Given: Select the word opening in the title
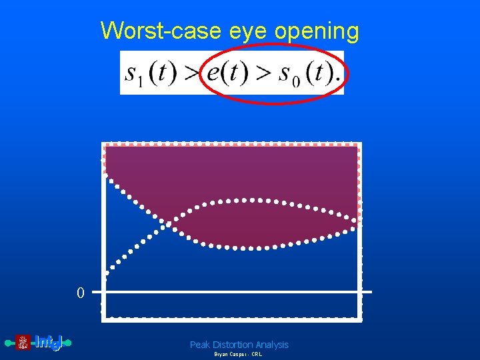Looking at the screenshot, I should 321,31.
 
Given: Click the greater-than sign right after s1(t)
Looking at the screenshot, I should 191,73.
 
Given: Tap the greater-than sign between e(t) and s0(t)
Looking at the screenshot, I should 266,73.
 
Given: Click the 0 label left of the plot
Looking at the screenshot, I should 80,293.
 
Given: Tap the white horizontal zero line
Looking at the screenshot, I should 233,292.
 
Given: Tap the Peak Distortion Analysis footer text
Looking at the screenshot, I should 239,345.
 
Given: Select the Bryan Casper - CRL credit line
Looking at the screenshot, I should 238,355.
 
